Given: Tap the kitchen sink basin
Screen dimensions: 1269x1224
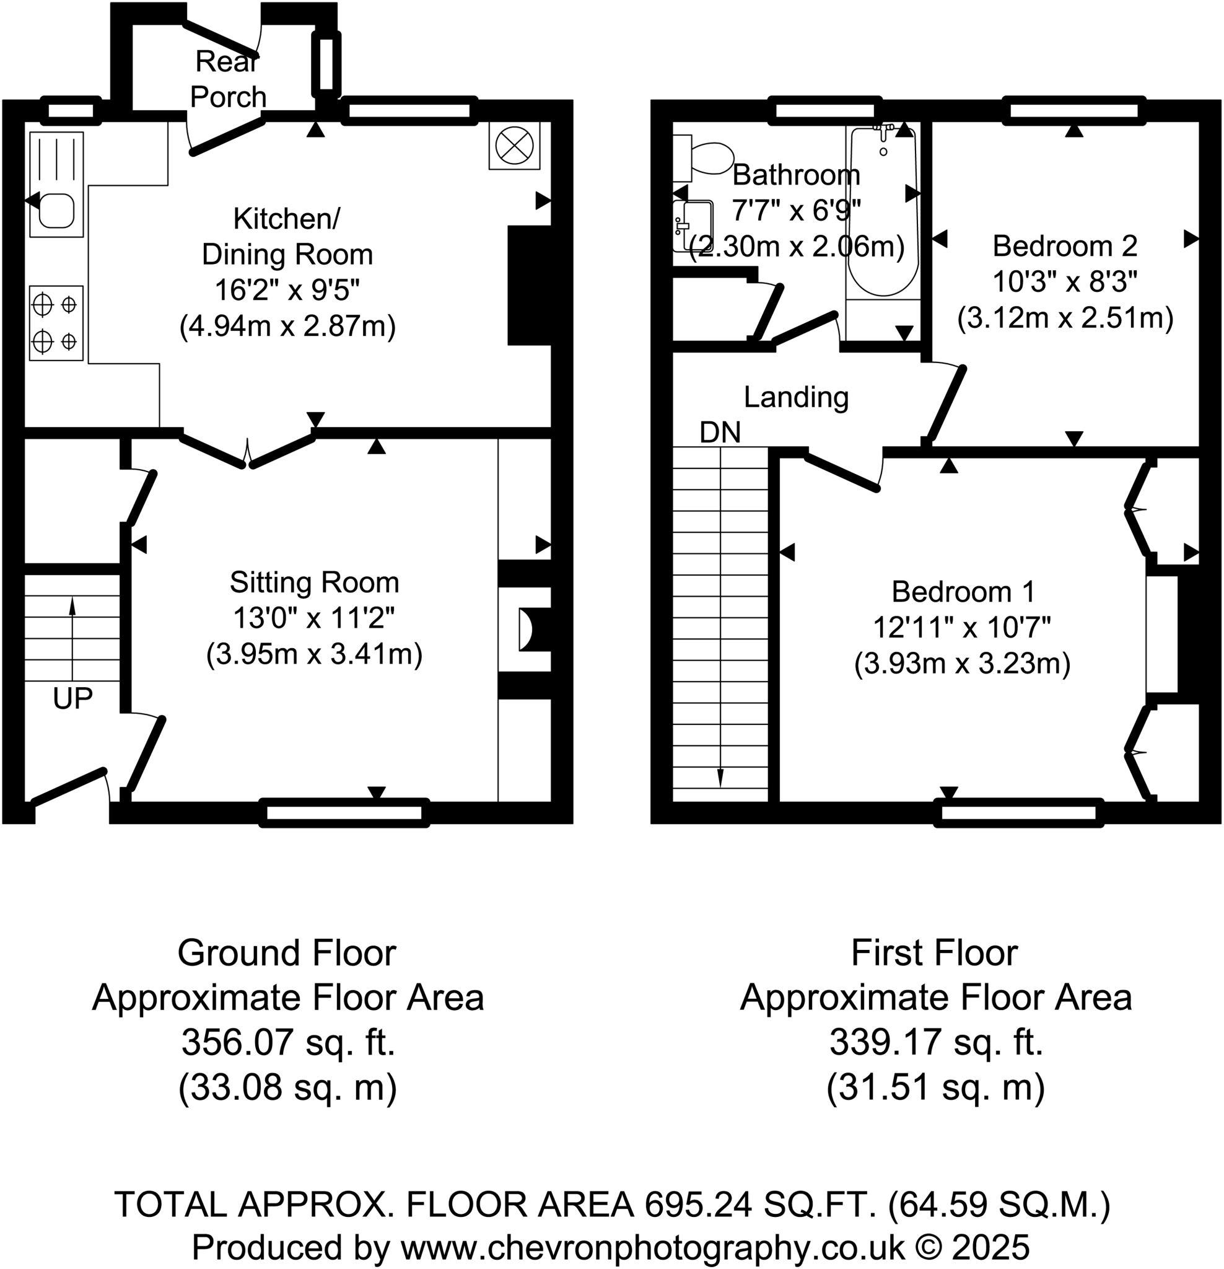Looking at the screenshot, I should coord(56,211).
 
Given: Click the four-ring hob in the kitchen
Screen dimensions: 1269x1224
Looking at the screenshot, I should coord(56,322).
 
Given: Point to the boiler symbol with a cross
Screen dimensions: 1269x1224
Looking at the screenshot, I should coord(514,146).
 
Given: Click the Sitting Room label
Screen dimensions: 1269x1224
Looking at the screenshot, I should coord(314,582).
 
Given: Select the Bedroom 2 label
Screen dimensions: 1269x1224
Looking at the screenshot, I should coord(1065,246).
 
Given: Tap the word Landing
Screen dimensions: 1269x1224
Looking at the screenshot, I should coord(795,397).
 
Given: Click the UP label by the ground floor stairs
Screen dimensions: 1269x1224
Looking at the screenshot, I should coord(72,698).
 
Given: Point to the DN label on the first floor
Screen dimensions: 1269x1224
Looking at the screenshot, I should coord(720,433).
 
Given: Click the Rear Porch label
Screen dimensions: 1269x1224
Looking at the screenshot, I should coord(228,80).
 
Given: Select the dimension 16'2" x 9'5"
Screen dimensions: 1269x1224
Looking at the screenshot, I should coord(287,290).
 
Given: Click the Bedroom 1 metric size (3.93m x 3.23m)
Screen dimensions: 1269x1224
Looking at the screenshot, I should coord(962,664).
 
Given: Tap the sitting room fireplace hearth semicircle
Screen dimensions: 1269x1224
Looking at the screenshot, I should coord(525,629).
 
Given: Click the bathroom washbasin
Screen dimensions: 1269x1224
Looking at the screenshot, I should coord(693,226).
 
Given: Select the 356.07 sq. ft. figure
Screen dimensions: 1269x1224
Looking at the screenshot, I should coord(288,1042).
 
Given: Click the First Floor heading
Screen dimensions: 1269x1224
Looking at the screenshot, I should coord(934,953).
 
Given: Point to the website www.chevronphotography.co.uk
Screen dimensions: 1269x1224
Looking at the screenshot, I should coord(652,1246).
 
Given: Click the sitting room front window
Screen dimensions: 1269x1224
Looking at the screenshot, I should coord(344,814).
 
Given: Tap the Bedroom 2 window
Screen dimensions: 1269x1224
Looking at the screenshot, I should coord(1074,111).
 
